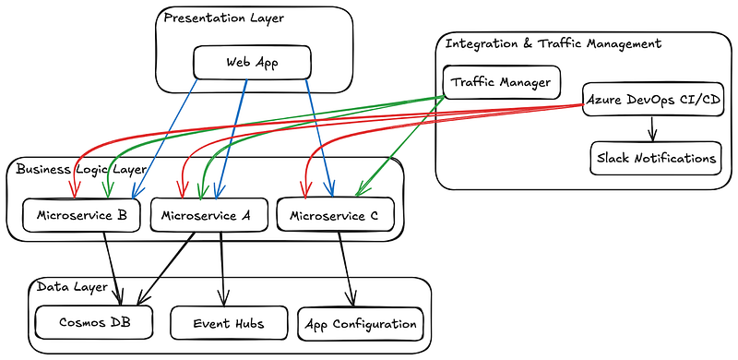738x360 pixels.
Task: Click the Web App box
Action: tap(252, 63)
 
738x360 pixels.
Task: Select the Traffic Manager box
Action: tap(501, 82)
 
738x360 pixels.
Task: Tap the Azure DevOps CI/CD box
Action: tap(653, 100)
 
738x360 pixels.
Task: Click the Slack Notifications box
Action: tap(654, 158)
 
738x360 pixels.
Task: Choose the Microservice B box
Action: tap(81, 215)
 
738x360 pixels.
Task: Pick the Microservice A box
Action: tap(206, 215)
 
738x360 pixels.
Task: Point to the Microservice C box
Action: tap(335, 216)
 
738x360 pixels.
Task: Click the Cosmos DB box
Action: tap(89, 323)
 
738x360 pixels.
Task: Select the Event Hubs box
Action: tap(229, 323)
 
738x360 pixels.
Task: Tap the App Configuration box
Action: tap(361, 324)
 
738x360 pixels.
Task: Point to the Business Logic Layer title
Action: tap(79, 169)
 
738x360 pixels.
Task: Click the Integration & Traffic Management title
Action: tap(553, 43)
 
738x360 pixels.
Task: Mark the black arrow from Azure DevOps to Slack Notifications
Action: tap(653, 127)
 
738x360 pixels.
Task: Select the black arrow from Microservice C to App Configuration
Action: tap(345, 268)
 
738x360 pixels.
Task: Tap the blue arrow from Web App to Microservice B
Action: tap(166, 138)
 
